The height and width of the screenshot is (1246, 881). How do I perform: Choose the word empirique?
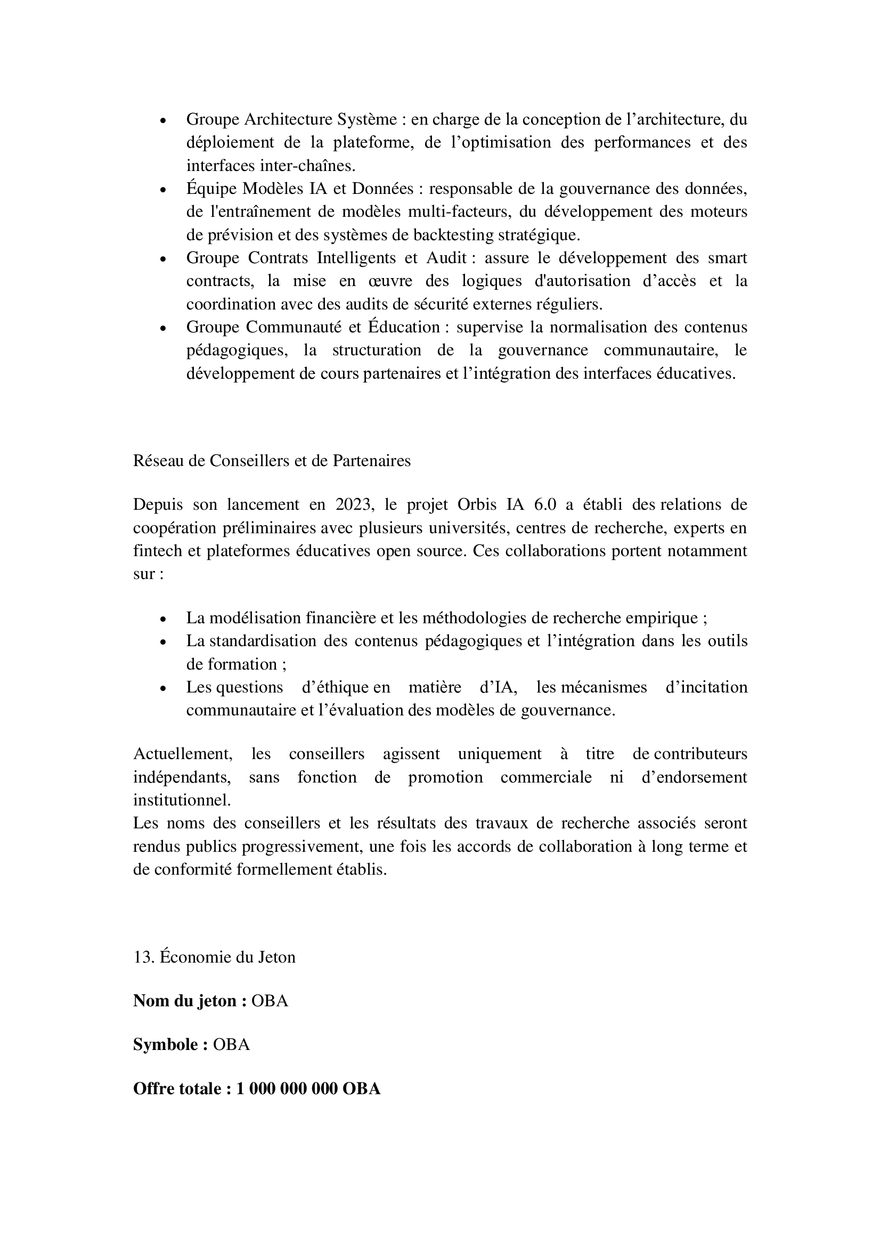point(662,618)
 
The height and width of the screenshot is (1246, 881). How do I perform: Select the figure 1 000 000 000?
point(287,1089)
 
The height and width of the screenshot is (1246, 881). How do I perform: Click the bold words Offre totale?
point(177,1089)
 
